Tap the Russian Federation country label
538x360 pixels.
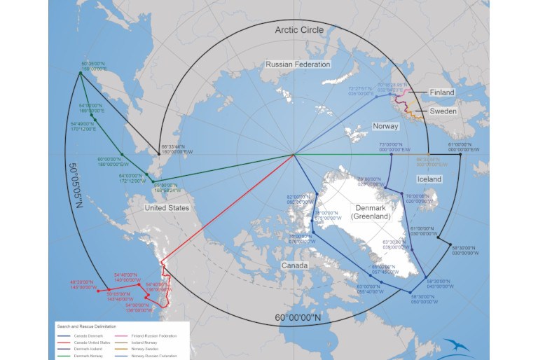(x=298, y=64)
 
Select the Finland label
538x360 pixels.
(x=442, y=92)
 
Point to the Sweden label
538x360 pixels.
(x=442, y=111)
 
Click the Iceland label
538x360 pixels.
(x=429, y=179)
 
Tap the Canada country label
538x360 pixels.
(x=295, y=266)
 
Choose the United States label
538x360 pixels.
(x=166, y=208)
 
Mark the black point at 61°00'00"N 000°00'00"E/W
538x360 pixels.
(x=460, y=154)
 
